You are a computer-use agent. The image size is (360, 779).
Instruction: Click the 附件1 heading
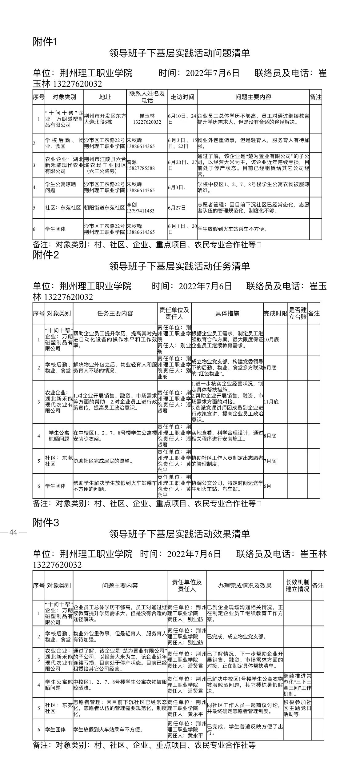point(45,42)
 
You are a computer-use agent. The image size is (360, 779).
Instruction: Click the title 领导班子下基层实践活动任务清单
point(180,266)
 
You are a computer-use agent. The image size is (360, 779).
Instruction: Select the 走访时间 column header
point(182,97)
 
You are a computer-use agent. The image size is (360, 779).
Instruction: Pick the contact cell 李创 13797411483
point(140,208)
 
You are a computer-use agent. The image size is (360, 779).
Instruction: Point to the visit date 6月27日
point(177,208)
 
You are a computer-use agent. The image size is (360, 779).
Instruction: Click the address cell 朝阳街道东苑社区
point(105,208)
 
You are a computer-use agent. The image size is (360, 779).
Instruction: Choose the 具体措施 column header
point(227,314)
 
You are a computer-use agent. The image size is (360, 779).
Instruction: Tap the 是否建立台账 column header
point(298,314)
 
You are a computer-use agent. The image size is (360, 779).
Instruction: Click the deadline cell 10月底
point(271,340)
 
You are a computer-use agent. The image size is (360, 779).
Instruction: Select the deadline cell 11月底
point(271,401)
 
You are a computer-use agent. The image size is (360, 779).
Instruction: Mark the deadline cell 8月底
point(270,436)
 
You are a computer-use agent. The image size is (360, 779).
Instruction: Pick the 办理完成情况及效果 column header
point(245,585)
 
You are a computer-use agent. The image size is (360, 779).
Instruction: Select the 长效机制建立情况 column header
point(297,585)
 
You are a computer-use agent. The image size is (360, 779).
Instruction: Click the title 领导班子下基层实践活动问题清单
point(180,53)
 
